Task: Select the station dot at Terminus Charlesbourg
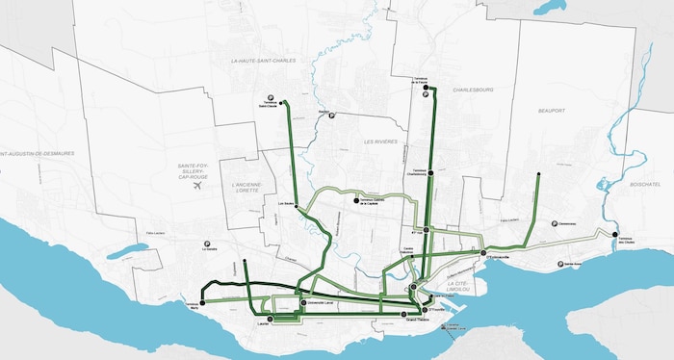click(x=432, y=172)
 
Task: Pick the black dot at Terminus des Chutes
click(x=614, y=234)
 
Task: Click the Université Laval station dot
click(x=302, y=303)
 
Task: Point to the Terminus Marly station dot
click(x=202, y=303)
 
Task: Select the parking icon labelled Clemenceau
click(x=555, y=224)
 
